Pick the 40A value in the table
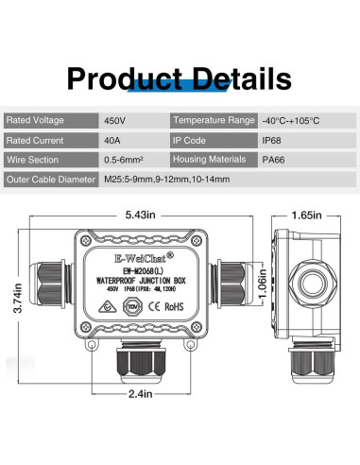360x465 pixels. (111, 140)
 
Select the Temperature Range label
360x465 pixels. (214, 121)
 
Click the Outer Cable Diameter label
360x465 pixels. (51, 179)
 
